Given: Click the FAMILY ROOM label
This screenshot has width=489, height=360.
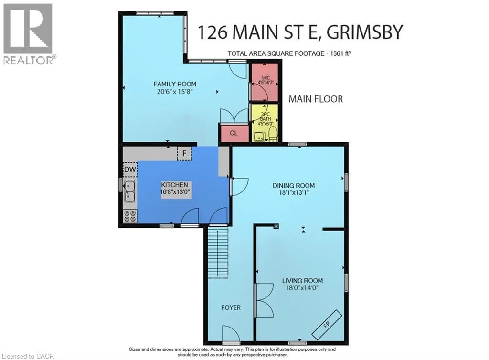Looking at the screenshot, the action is [175, 84].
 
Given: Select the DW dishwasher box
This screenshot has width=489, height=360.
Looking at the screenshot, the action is [130, 169].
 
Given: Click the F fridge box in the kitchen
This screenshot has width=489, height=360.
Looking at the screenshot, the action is [184, 153].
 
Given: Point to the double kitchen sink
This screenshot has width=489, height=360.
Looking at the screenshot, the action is [130, 191].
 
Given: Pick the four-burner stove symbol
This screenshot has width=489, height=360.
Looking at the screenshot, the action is [130, 216].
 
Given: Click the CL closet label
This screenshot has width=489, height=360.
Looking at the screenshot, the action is [234, 133].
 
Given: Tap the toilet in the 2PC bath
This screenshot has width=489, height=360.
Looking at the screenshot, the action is [273, 133].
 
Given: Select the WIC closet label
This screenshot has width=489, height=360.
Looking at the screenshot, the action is [266, 78].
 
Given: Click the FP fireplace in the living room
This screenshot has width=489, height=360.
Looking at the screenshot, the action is [327, 325].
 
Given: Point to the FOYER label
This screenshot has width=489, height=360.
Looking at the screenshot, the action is [231, 307].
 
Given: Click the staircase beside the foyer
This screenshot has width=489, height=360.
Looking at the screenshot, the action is [218, 253].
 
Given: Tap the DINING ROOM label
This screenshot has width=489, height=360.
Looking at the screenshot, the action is [294, 185].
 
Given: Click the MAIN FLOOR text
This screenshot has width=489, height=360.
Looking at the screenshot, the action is [316, 99].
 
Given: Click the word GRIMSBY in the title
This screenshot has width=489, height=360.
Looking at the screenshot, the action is [365, 32].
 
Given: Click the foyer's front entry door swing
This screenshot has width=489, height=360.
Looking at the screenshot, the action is [231, 334].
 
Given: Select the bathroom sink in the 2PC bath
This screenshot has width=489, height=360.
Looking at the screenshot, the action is [258, 136].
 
